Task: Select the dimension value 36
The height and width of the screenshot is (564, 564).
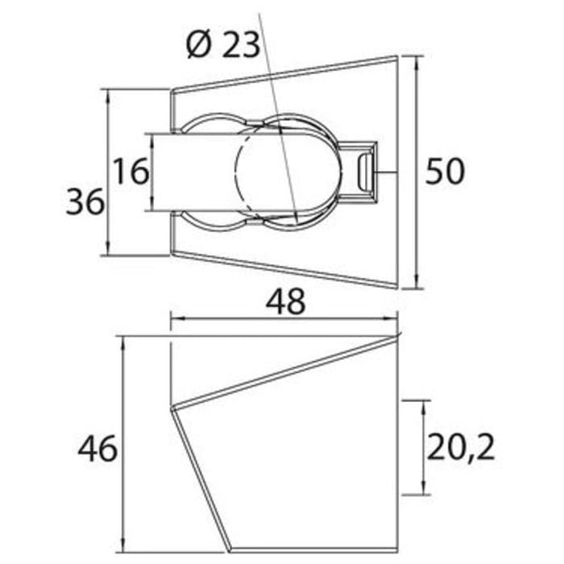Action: (85, 201)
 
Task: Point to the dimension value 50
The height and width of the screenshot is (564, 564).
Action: (446, 172)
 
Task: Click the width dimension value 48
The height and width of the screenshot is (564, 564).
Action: (285, 301)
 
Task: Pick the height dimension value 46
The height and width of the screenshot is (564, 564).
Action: (97, 448)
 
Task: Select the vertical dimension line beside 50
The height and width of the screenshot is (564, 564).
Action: (417, 172)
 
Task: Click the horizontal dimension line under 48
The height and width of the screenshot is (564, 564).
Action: (284, 318)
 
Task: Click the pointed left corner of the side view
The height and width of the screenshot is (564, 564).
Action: (171, 408)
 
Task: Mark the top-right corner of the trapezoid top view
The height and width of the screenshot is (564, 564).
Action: (398, 56)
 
